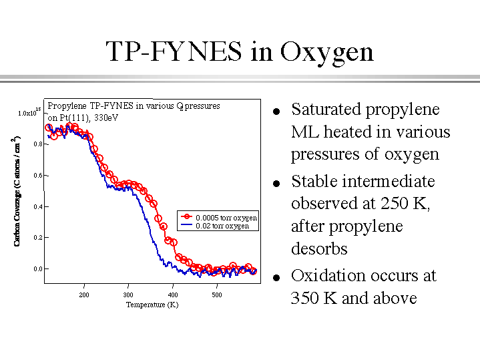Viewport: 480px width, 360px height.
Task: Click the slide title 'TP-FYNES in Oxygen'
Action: [x=240, y=51]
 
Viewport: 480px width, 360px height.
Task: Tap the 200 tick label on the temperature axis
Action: [x=84, y=295]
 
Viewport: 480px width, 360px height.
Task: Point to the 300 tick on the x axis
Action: [x=128, y=295]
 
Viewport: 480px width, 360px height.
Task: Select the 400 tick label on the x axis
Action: [x=173, y=295]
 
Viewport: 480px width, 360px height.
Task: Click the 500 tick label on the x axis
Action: [x=217, y=295]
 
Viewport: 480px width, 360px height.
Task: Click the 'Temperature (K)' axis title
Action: [x=152, y=305]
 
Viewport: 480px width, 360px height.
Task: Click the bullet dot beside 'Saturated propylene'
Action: [x=276, y=112]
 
